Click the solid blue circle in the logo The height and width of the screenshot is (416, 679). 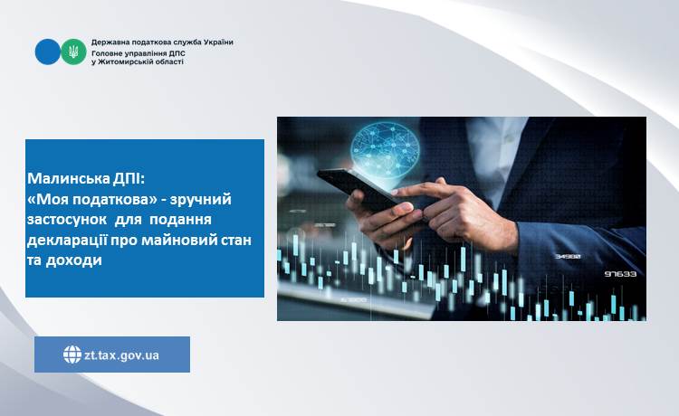pos(48,52)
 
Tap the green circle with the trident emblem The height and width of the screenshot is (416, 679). pos(73,52)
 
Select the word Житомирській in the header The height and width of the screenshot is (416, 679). pos(124,61)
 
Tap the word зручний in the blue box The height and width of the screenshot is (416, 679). pos(200,200)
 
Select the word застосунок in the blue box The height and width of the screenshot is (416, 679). pos(67,219)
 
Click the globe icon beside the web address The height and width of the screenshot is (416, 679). pos(72,355)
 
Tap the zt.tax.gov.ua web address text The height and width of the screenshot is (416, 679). pos(121,355)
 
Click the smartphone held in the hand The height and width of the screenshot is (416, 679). pos(359,189)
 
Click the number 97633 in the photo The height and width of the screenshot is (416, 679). pos(620,274)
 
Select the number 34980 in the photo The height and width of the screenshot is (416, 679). pos(568,257)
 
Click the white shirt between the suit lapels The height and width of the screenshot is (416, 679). pos(498,151)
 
